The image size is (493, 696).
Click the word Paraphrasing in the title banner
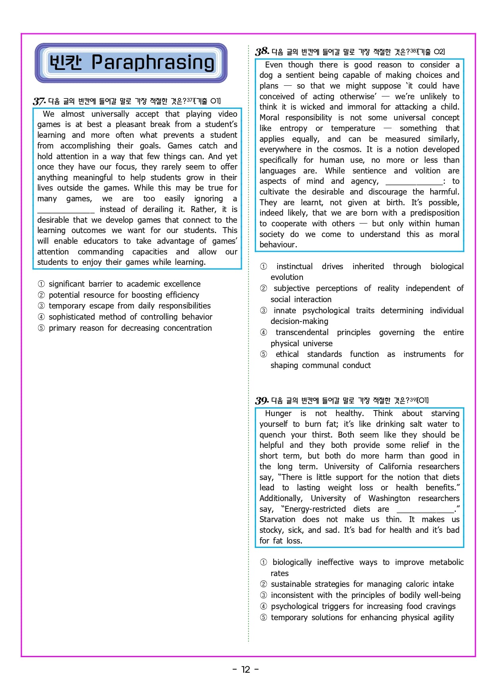[x=153, y=63]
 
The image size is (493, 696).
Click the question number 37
[x=39, y=101]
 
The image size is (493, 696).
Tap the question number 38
[x=262, y=52]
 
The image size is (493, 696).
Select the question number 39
[x=262, y=400]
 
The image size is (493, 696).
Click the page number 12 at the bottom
[x=246, y=669]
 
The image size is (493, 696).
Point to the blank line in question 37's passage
[x=66, y=210]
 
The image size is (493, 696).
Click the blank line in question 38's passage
[x=413, y=182]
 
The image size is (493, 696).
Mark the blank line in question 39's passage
[x=425, y=510]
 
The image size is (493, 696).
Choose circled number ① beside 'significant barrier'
[x=41, y=284]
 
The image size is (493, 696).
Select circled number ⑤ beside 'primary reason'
[x=41, y=328]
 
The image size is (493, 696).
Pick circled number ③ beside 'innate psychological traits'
[x=264, y=310]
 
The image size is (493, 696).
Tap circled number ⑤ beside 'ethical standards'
[x=264, y=354]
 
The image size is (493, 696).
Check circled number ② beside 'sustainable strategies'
[x=264, y=584]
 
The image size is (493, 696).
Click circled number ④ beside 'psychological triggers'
[x=264, y=606]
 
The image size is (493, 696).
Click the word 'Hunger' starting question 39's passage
[x=278, y=413]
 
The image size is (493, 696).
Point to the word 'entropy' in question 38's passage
[x=293, y=128]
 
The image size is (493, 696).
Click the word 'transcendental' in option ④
[x=302, y=332]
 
